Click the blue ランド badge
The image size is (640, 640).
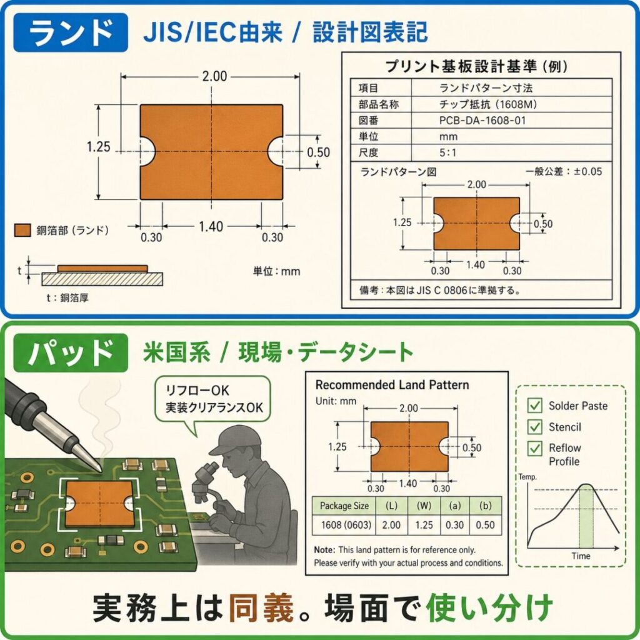(71, 32)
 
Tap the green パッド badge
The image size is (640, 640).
(71, 352)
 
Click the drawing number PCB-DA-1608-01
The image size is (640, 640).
(482, 121)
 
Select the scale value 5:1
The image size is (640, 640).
(447, 152)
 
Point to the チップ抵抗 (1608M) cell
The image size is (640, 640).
(487, 104)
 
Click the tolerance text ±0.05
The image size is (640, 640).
(587, 171)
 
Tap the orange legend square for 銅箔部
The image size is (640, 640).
(22, 230)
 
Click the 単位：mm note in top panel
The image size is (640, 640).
(276, 271)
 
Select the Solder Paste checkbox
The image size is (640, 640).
(535, 405)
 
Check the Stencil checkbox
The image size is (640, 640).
(535, 427)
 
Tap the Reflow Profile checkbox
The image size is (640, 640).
(535, 448)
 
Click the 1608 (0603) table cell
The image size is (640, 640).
(346, 525)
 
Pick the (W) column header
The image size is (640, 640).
(424, 506)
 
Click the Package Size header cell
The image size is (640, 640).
(344, 506)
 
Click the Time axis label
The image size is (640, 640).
(581, 556)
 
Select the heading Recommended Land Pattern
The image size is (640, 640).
(392, 385)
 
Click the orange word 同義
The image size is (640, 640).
(261, 607)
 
